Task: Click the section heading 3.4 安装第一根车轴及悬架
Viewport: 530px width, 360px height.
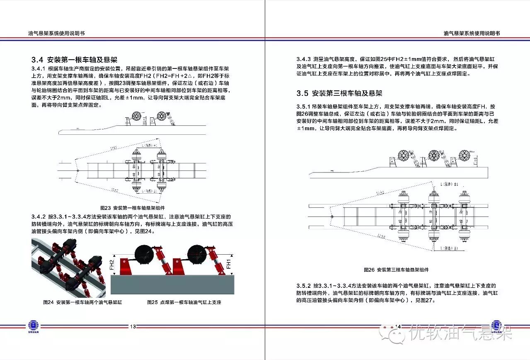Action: pos(74,59)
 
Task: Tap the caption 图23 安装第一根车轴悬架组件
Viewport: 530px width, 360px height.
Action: pos(133,207)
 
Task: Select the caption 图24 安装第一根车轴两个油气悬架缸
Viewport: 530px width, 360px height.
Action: pos(83,302)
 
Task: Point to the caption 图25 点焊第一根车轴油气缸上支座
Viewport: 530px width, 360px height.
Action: pos(184,302)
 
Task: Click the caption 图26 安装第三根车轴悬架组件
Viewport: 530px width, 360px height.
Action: pos(396,270)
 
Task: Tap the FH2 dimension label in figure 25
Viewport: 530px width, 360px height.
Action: pos(112,265)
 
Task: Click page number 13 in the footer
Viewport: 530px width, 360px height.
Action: pos(133,326)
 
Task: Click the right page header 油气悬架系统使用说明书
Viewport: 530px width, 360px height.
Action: pos(472,33)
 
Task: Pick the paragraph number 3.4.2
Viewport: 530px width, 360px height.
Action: pos(39,217)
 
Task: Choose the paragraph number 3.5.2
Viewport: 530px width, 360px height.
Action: pos(304,286)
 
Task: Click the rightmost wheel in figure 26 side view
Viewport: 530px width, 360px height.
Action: pos(465,156)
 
